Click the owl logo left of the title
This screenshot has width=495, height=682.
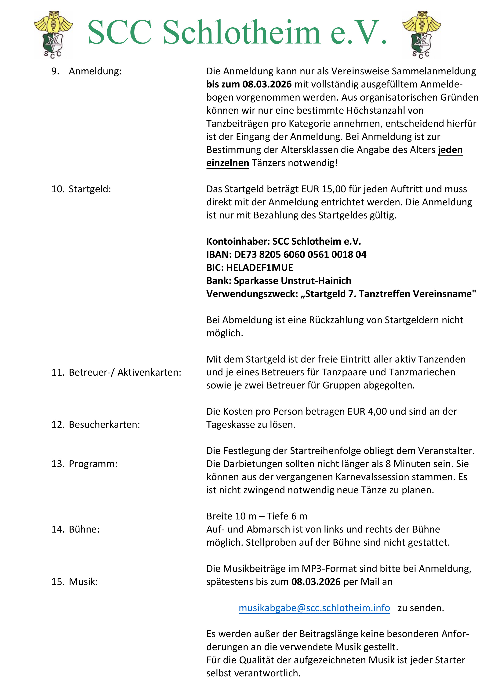[53, 35]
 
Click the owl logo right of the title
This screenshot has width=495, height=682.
[421, 35]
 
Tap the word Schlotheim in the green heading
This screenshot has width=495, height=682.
[241, 33]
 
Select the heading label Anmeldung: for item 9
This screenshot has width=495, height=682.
[95, 71]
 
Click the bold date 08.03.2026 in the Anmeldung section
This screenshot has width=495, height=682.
[267, 84]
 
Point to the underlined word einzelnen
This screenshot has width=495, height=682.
[228, 163]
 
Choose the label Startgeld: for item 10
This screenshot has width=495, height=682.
[90, 189]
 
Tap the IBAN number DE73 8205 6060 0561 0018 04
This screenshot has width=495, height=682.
[300, 254]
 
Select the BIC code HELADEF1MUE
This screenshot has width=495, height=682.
[259, 267]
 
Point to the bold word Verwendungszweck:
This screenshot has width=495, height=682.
[252, 294]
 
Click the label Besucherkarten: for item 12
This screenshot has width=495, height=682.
[104, 424]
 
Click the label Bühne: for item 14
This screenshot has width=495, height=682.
[84, 529]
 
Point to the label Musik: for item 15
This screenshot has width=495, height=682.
[83, 582]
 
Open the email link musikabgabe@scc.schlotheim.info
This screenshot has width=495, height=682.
[314, 608]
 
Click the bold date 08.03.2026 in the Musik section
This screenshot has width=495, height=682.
[316, 582]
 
